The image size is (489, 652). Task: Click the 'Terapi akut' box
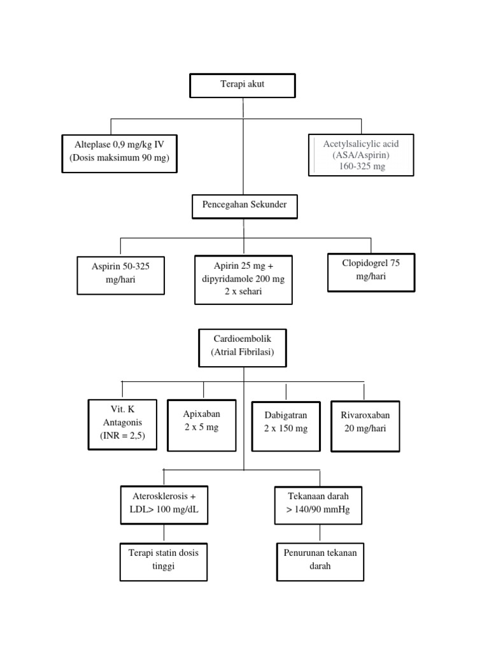(243, 85)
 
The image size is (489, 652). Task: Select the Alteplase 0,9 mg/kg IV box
(119, 153)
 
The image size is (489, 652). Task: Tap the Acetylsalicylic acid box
(361, 154)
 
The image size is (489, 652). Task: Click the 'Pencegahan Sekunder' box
(244, 206)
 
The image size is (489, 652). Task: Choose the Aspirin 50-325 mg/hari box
(120, 275)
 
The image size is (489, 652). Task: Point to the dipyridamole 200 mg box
(243, 279)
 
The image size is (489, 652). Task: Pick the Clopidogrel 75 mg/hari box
(371, 272)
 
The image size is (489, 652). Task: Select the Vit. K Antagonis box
(122, 424)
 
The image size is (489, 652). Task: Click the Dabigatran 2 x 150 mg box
(286, 426)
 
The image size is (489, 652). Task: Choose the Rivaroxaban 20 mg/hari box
(365, 425)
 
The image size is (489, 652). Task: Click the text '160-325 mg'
(362, 166)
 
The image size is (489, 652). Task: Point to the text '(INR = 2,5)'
(122, 436)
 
